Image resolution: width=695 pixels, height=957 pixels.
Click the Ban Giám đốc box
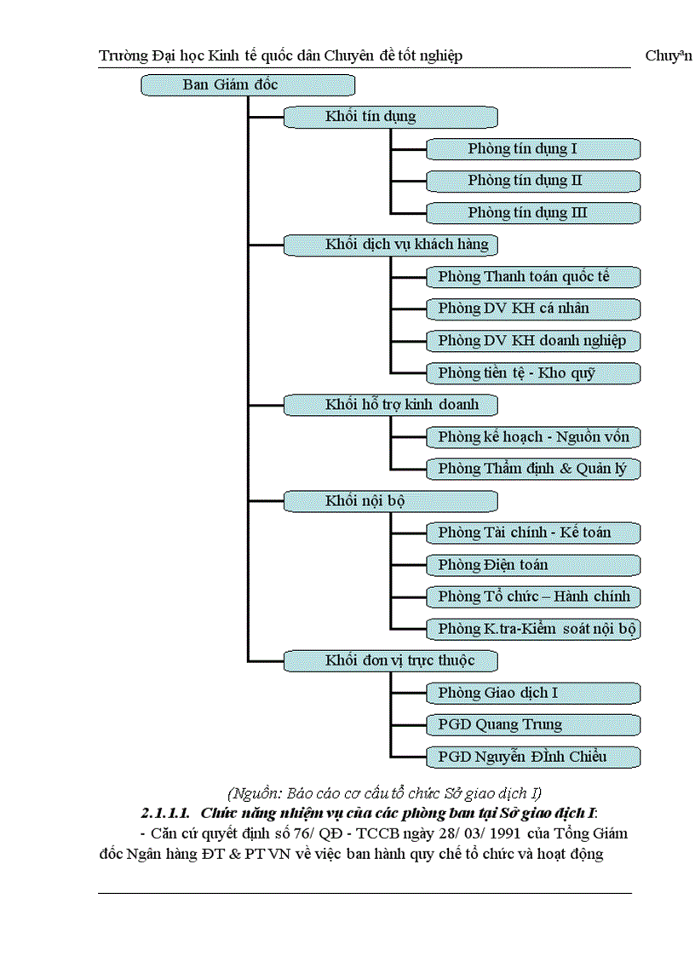pyautogui.click(x=247, y=85)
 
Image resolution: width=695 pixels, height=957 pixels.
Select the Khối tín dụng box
pyautogui.click(x=390, y=117)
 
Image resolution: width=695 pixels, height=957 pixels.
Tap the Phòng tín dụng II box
pyautogui.click(x=533, y=181)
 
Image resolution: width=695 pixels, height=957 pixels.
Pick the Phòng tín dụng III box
pyautogui.click(x=533, y=213)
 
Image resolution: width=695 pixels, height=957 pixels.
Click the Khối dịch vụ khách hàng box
pyautogui.click(x=390, y=245)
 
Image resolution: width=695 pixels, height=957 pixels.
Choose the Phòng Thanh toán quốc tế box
pyautogui.click(x=533, y=277)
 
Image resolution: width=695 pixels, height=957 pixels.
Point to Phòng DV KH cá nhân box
pyautogui.click(x=533, y=308)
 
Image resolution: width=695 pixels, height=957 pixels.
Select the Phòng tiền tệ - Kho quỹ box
pyautogui.click(x=533, y=373)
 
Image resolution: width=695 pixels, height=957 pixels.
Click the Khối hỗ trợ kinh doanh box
pyautogui.click(x=390, y=405)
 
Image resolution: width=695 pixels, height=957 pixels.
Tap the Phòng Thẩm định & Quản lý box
pyautogui.click(x=533, y=469)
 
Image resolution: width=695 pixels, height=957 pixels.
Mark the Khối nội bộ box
pyautogui.click(x=390, y=501)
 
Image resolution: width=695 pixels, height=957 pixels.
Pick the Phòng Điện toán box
pyautogui.click(x=533, y=565)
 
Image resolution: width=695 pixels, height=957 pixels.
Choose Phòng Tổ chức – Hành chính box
pyautogui.click(x=533, y=597)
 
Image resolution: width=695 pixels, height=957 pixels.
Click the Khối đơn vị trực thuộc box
pyautogui.click(x=390, y=660)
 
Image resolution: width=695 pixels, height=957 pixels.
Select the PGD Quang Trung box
pyautogui.click(x=533, y=725)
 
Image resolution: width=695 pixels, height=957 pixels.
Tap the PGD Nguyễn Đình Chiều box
pyautogui.click(x=533, y=757)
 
